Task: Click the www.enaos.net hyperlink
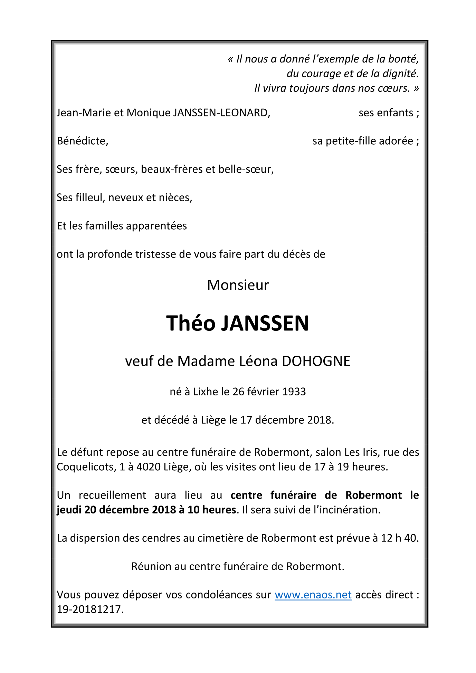[313, 595]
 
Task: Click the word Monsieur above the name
[238, 285]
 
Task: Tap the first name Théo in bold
[191, 323]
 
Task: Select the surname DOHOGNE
[316, 361]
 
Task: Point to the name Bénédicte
[82, 141]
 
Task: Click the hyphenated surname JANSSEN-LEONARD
[221, 113]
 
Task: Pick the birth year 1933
[294, 392]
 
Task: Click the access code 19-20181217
[90, 609]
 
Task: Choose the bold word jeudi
[69, 510]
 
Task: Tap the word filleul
[89, 198]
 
